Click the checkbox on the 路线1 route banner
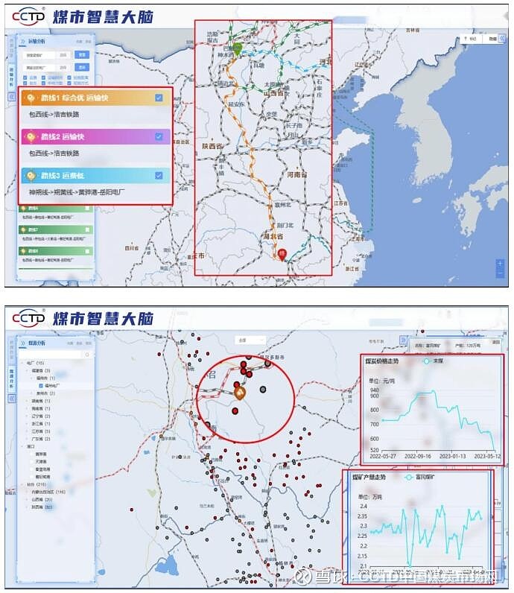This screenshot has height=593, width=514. tap(159, 98)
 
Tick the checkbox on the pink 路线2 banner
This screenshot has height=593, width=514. tap(159, 136)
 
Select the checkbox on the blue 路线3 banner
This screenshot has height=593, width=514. tap(159, 176)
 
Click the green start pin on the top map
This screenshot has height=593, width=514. tap(238, 49)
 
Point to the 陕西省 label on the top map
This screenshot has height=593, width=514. tap(215, 146)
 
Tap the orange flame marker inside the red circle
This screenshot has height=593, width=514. tap(240, 392)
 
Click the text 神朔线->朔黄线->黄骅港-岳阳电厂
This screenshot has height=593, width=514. tap(76, 192)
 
